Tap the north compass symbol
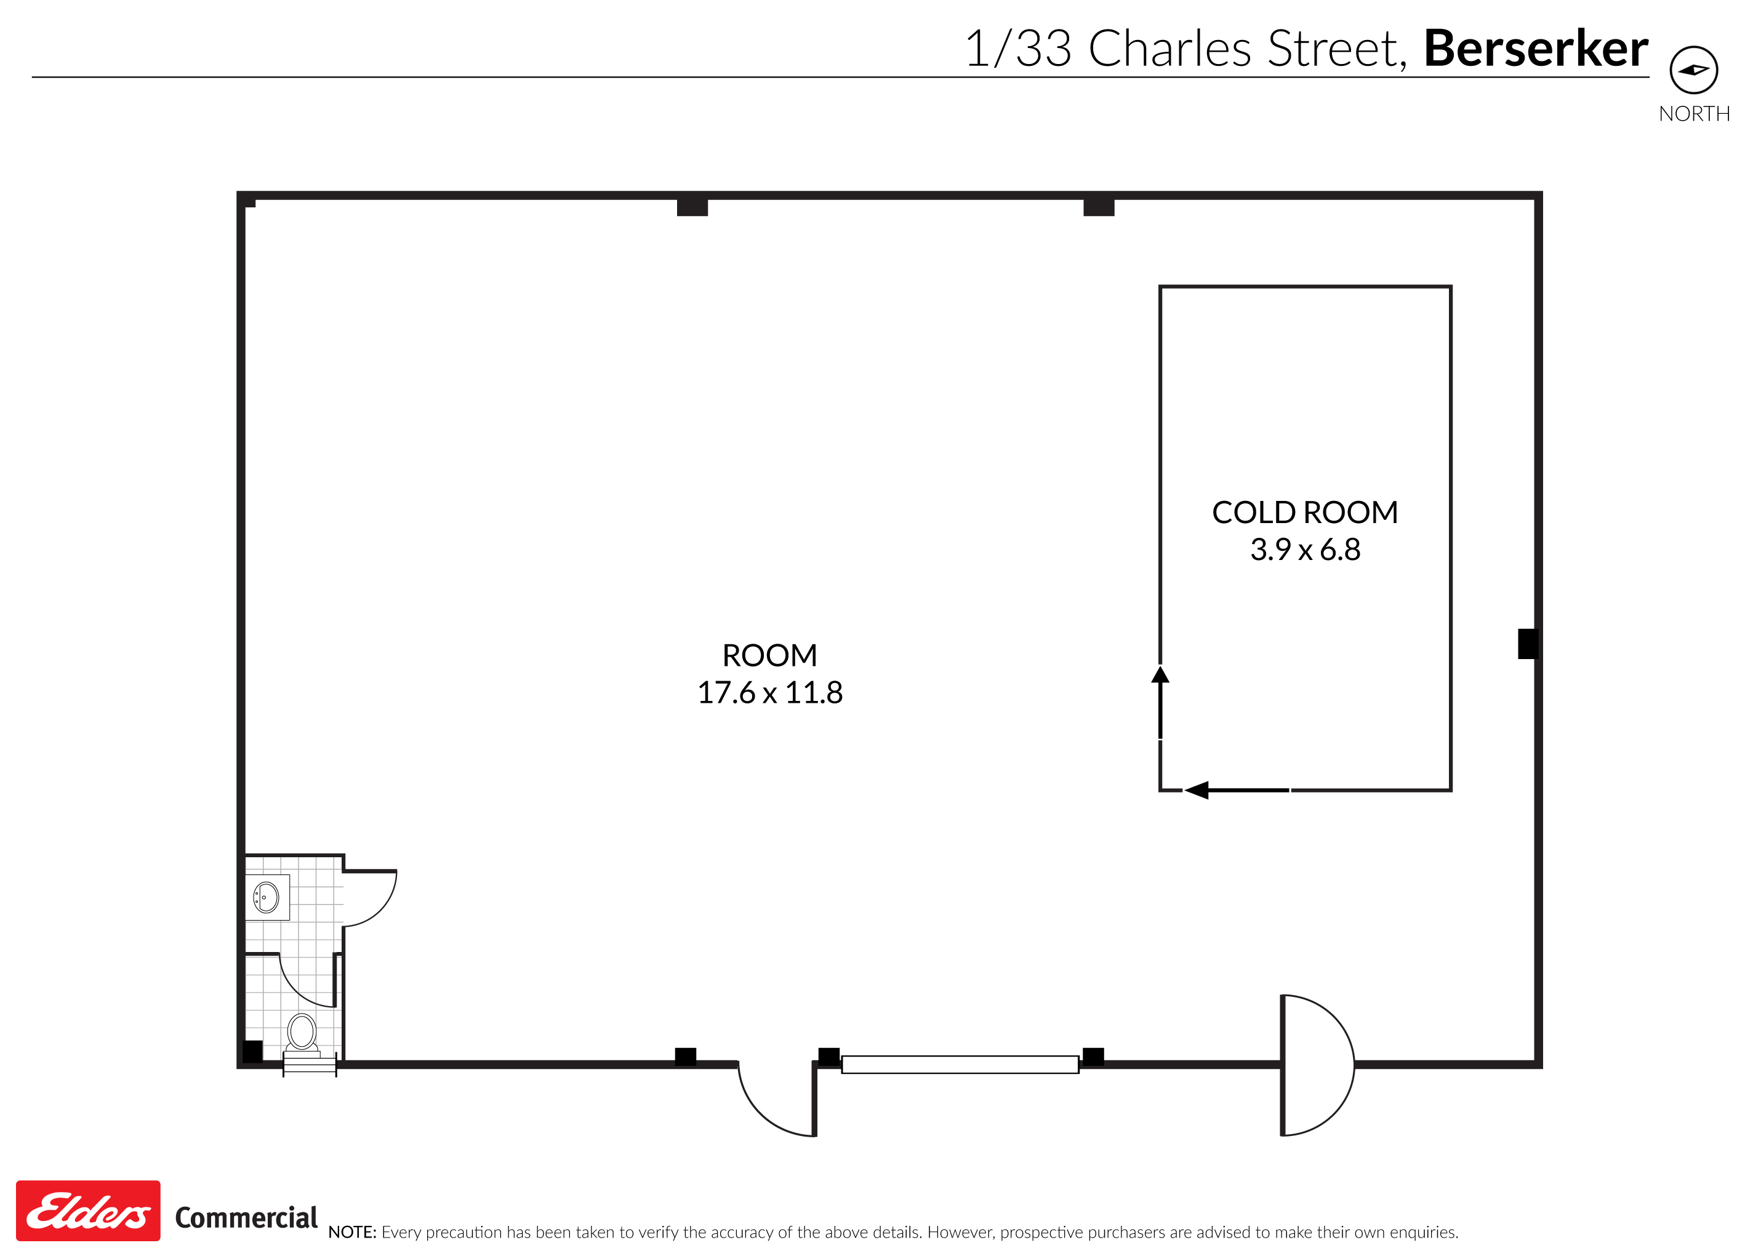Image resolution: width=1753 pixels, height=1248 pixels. (x=1693, y=70)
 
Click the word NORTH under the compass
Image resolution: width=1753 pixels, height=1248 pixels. (x=1694, y=114)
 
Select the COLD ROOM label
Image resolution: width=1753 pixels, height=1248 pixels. (x=1304, y=513)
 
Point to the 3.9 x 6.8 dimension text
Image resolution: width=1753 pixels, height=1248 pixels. (x=1304, y=550)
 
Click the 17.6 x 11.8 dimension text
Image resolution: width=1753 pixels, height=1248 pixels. (x=769, y=692)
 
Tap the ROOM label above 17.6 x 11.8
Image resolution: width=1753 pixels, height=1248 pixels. (x=769, y=655)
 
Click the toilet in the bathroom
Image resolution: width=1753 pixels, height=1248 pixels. (x=302, y=1032)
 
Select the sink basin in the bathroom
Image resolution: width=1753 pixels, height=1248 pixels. (x=266, y=897)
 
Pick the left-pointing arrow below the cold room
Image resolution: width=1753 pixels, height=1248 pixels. (x=1197, y=790)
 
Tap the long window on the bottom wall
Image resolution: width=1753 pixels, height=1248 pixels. (x=959, y=1065)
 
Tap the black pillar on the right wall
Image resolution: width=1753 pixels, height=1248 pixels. (x=1526, y=644)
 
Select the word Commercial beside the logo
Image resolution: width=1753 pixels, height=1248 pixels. (x=246, y=1217)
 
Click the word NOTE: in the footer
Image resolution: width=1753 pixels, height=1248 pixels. (x=352, y=1232)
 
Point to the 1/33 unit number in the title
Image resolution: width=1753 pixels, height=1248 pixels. (x=1017, y=49)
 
